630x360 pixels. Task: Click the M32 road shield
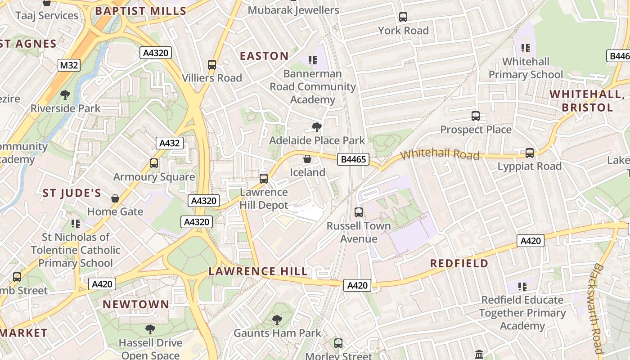pyautogui.click(x=69, y=65)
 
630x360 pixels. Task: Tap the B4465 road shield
pyautogui.click(x=354, y=159)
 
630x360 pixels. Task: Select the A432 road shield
pyautogui.click(x=169, y=144)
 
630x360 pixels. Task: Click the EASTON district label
pyautogui.click(x=264, y=56)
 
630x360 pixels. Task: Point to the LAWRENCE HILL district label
pyautogui.click(x=258, y=271)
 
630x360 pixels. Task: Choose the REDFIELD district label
pyautogui.click(x=459, y=264)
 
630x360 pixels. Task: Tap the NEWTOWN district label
pyautogui.click(x=136, y=305)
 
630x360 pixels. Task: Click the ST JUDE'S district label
pyautogui.click(x=72, y=193)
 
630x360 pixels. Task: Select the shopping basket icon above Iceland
pyautogui.click(x=307, y=159)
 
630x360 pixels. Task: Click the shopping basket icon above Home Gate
pyautogui.click(x=115, y=198)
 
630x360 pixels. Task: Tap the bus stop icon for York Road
pyautogui.click(x=403, y=17)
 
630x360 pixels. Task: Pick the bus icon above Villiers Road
pyautogui.click(x=212, y=65)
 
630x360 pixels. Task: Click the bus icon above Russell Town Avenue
pyautogui.click(x=359, y=212)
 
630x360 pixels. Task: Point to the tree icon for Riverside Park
pyautogui.click(x=65, y=95)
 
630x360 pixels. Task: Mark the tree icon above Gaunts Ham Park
pyautogui.click(x=277, y=320)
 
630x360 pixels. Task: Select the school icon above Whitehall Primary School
pyautogui.click(x=526, y=48)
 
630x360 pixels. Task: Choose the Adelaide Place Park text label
pyautogui.click(x=317, y=140)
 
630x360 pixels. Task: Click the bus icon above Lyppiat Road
pyautogui.click(x=530, y=153)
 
